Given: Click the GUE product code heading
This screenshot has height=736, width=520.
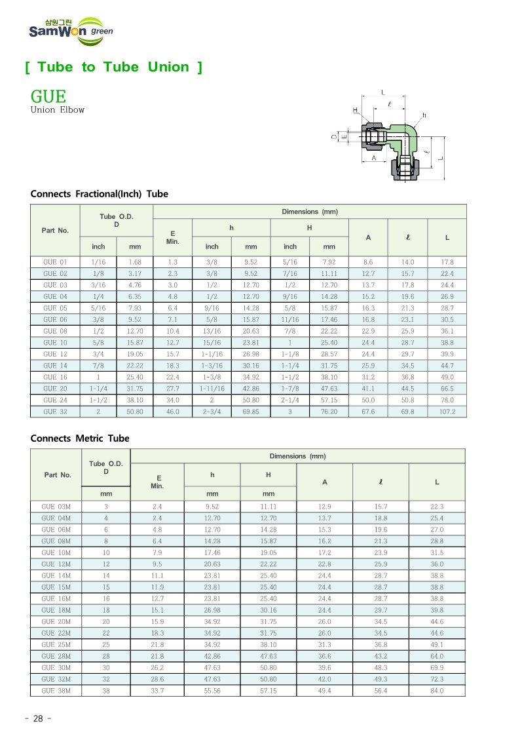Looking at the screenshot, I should [x=48, y=96].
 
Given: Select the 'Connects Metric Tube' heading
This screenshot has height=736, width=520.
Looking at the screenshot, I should [x=80, y=438].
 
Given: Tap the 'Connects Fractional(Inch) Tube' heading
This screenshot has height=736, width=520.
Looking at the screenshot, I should [x=99, y=194].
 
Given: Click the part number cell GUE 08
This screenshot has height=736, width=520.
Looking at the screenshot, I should [x=55, y=331].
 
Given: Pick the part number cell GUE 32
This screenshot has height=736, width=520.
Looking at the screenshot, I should [x=55, y=412].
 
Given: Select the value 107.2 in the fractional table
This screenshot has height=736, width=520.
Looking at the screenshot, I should [x=447, y=412].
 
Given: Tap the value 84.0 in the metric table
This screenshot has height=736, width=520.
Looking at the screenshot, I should [x=437, y=691].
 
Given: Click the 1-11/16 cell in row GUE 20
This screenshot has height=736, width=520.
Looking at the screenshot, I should [x=212, y=389].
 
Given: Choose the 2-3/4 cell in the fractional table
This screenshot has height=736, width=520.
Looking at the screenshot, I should [x=212, y=412].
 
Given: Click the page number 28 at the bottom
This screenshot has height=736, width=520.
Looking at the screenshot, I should [x=37, y=718].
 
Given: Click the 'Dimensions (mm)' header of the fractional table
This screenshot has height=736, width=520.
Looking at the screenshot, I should [x=309, y=212].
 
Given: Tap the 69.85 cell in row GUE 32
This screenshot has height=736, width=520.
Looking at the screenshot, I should [x=251, y=412].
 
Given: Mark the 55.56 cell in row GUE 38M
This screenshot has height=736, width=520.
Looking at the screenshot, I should [x=212, y=691].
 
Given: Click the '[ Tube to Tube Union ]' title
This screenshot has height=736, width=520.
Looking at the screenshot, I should [x=113, y=67].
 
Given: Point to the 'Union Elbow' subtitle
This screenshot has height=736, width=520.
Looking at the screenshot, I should [x=58, y=110].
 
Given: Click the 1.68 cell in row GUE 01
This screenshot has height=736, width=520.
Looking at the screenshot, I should [x=135, y=262].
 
